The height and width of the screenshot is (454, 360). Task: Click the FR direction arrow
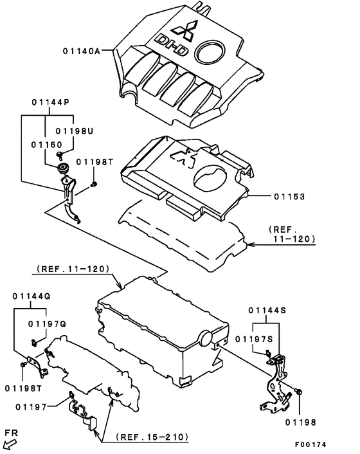10,445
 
